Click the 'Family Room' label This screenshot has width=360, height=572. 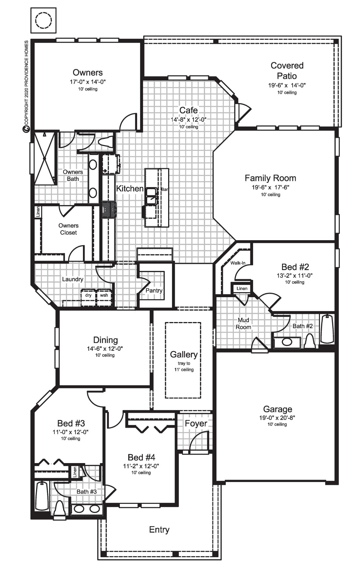270,178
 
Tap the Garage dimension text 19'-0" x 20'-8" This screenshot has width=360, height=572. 277,418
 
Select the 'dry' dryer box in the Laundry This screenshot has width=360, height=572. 88,295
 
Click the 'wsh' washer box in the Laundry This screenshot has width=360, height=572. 104,295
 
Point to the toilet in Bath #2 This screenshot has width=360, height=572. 309,341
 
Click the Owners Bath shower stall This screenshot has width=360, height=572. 45,158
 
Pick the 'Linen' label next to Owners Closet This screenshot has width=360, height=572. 38,212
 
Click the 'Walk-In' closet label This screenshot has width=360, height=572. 238,263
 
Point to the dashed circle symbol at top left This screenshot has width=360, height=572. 44,20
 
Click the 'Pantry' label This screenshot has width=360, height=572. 154,290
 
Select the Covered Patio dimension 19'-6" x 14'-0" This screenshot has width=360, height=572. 287,85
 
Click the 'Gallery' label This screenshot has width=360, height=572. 183,354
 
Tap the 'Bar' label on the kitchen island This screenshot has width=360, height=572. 164,189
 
